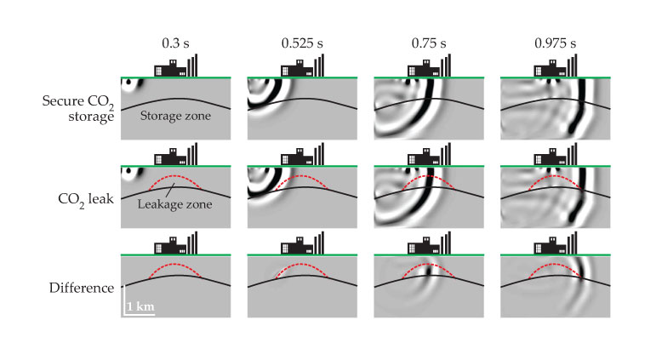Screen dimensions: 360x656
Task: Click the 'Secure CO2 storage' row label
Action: click(77, 108)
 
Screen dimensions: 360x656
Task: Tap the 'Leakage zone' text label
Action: click(175, 205)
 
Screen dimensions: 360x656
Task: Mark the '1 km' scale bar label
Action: click(140, 306)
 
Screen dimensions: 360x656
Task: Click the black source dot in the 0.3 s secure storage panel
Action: click(128, 84)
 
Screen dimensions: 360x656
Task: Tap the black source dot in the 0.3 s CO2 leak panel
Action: click(128, 173)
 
